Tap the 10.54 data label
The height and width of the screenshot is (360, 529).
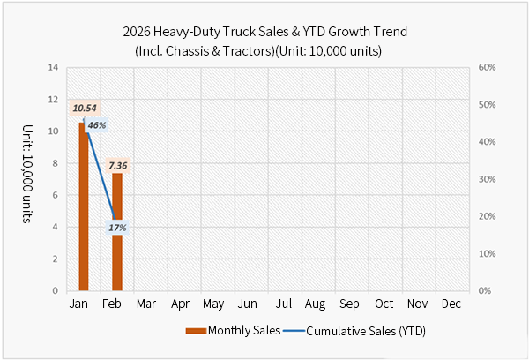tap(86, 109)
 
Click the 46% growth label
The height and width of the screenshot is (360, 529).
tap(95, 125)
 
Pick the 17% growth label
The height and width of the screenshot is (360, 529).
tap(117, 228)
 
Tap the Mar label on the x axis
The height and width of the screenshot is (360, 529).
tap(146, 304)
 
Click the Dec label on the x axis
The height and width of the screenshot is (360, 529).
tap(451, 304)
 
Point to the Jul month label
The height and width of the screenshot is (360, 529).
tap(283, 304)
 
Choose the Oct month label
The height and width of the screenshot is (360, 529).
tap(384, 304)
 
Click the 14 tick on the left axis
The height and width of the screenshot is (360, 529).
tap(54, 67)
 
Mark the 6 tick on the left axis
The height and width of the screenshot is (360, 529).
tap(56, 195)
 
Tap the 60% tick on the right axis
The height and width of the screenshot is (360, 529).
tap(488, 67)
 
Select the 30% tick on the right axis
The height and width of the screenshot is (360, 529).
tap(488, 179)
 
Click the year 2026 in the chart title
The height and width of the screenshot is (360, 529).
tap(139, 33)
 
